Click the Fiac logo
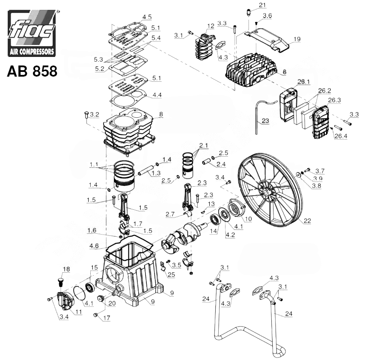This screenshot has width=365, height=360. [x=32, y=33]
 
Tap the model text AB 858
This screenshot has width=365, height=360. [x=32, y=71]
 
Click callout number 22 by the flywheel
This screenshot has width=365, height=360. [x=307, y=221]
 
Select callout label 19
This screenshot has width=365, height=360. [x=297, y=39]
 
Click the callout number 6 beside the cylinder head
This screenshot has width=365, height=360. [x=285, y=72]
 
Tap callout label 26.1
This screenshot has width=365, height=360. [x=304, y=82]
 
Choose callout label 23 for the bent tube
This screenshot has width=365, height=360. [x=265, y=121]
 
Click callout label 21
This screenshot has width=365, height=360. [x=262, y=5]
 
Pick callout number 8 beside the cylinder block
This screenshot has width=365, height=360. [x=161, y=114]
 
